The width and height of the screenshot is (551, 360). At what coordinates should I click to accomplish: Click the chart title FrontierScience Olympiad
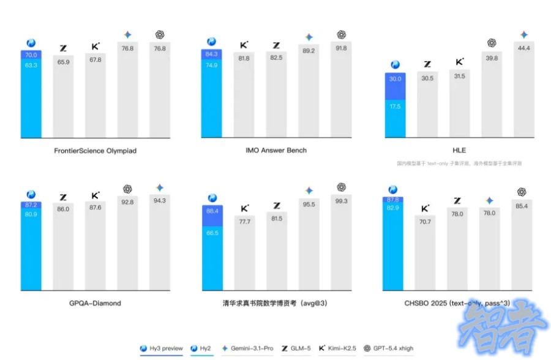click(x=94, y=150)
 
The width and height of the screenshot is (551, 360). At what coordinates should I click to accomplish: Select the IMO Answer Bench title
click(x=277, y=150)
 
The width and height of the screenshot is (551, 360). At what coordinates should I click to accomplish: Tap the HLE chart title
click(x=459, y=150)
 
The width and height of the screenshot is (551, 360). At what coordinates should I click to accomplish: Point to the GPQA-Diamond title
click(x=95, y=302)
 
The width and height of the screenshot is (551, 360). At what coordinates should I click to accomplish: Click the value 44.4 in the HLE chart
click(x=523, y=48)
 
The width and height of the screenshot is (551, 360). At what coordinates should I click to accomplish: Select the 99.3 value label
click(x=341, y=201)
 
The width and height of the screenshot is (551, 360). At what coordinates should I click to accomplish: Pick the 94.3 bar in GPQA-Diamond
click(x=159, y=245)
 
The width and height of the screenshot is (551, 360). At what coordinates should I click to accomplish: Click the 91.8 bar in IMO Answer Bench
click(x=341, y=92)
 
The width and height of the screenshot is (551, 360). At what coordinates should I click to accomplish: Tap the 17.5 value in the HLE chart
click(x=395, y=105)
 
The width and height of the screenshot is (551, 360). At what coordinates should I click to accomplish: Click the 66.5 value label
click(x=212, y=233)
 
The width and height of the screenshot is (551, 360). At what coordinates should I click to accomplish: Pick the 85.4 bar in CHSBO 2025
click(x=522, y=245)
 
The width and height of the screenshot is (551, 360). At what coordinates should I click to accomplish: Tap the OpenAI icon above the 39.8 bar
click(x=492, y=43)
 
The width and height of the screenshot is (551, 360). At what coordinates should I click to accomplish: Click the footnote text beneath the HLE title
click(x=459, y=163)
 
